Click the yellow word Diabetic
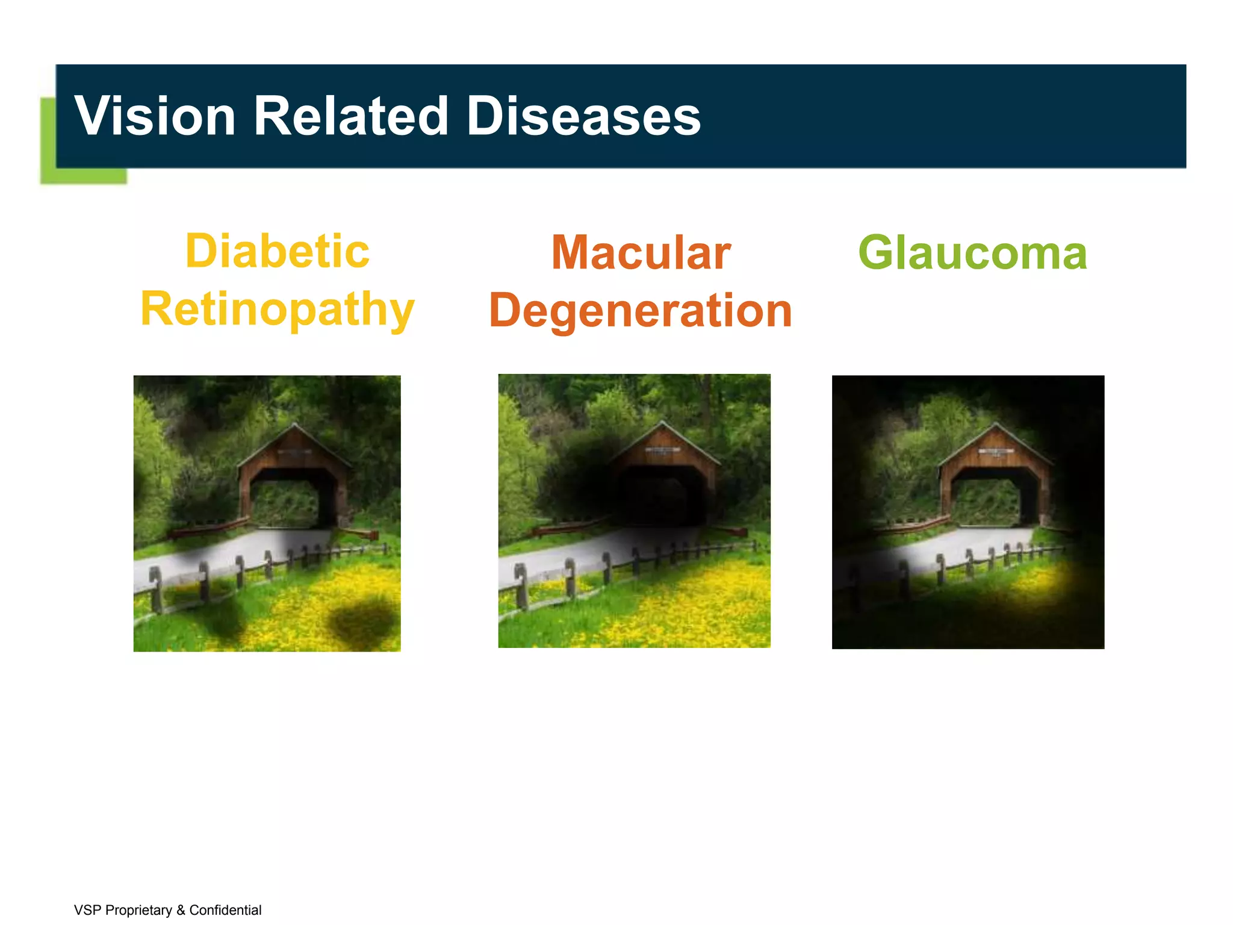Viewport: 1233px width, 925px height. pyautogui.click(x=277, y=251)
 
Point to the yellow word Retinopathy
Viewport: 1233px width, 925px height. pyautogui.click(x=277, y=309)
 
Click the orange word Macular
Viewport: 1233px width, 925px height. pyautogui.click(x=641, y=253)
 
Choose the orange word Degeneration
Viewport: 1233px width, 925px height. pyautogui.click(x=641, y=311)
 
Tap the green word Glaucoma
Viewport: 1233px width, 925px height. pyautogui.click(x=972, y=253)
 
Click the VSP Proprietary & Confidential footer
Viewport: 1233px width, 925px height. pyautogui.click(x=167, y=910)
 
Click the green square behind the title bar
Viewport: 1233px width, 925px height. pyautogui.click(x=83, y=175)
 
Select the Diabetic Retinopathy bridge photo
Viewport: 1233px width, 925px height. pyautogui.click(x=267, y=513)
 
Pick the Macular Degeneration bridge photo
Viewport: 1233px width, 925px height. pyautogui.click(x=634, y=511)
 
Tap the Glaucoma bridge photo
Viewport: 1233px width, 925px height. pyautogui.click(x=968, y=512)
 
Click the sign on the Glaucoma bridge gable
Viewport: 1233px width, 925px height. pyautogui.click(x=995, y=452)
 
